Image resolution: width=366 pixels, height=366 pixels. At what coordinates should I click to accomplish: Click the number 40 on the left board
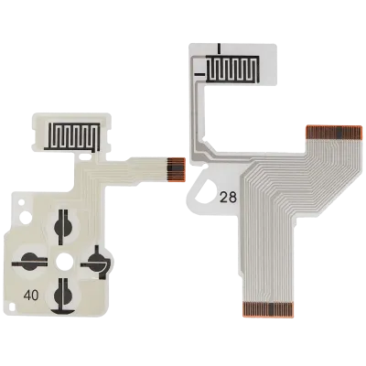pyautogui.click(x=31, y=296)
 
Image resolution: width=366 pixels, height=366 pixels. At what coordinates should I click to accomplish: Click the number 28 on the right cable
pyautogui.click(x=229, y=199)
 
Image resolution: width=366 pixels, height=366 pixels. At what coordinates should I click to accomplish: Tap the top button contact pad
pyautogui.click(x=63, y=227)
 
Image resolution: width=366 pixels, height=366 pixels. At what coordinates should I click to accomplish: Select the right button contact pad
pyautogui.click(x=98, y=262)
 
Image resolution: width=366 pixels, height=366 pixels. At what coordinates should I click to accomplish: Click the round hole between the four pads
pyautogui.click(x=64, y=262)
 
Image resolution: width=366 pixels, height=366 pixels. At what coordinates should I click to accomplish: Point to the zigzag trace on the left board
pyautogui.click(x=72, y=136)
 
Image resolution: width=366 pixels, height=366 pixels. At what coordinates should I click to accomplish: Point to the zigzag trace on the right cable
pyautogui.click(x=232, y=69)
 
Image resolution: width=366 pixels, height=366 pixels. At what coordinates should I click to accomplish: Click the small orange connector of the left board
pyautogui.click(x=176, y=170)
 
